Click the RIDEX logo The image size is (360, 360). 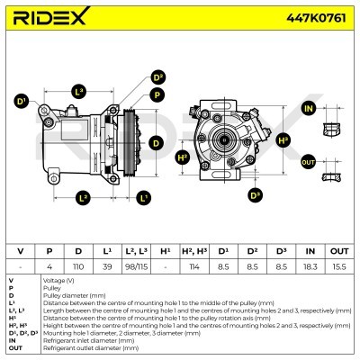pyautogui.click(x=55, y=18)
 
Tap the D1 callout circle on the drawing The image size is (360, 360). pyautogui.click(x=22, y=103)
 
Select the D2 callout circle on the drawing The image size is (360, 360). pyautogui.click(x=158, y=78)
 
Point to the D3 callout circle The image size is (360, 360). pyautogui.click(x=255, y=195)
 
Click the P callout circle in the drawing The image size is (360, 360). pyautogui.click(x=157, y=94)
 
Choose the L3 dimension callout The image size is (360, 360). pyautogui.click(x=78, y=91)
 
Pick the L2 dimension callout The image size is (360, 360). pyautogui.click(x=84, y=196)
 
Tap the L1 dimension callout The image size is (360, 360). pyautogui.click(x=144, y=196)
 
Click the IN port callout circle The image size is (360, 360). pyautogui.click(x=309, y=109)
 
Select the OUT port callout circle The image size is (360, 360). pyautogui.click(x=309, y=162)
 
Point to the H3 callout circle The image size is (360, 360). pyautogui.click(x=283, y=140)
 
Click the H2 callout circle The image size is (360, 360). pyautogui.click(x=183, y=157)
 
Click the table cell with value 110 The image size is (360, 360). pyautogui.click(x=78, y=267)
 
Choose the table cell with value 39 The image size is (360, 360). pyautogui.click(x=107, y=267)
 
